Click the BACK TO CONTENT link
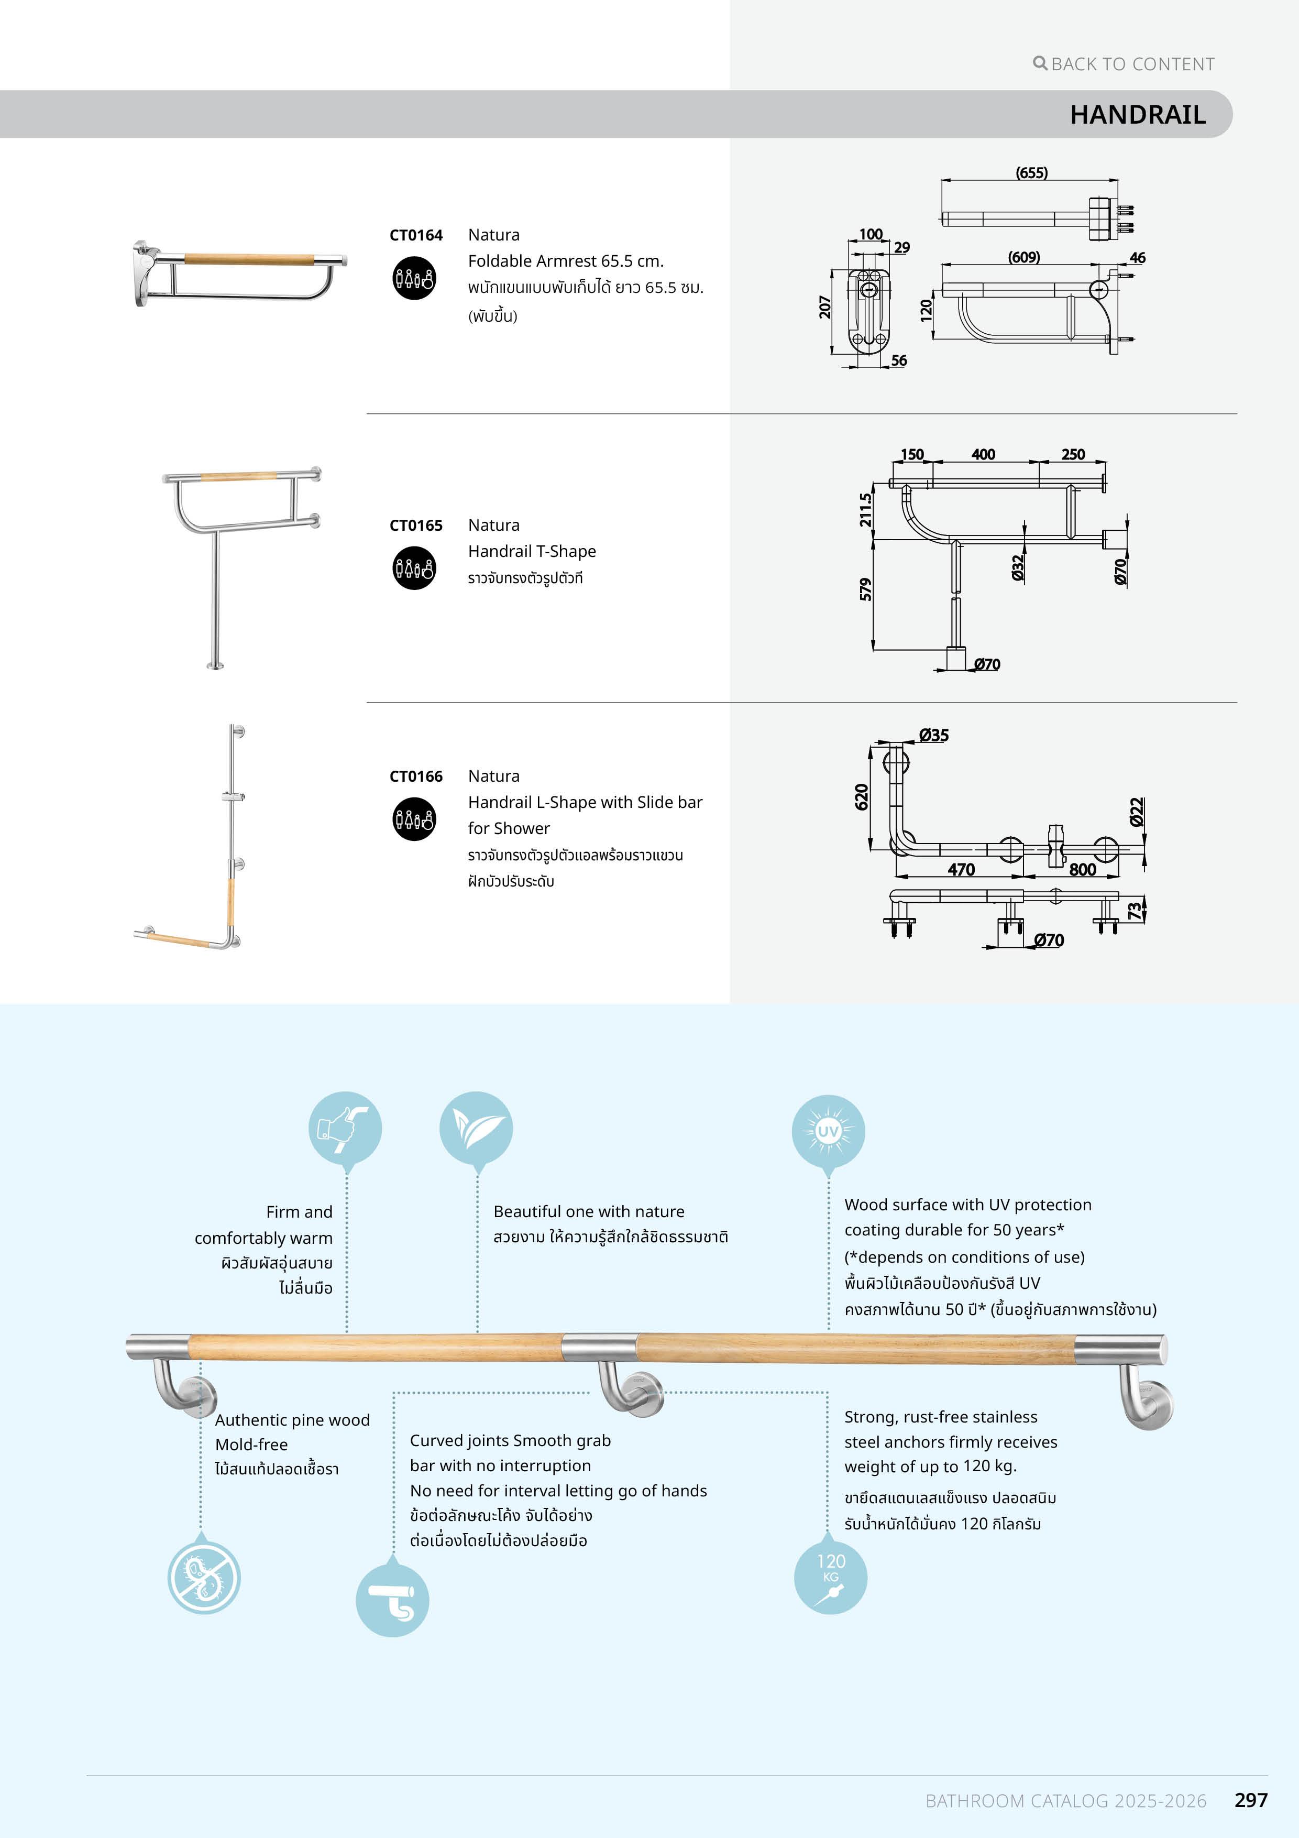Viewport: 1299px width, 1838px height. (x=1125, y=64)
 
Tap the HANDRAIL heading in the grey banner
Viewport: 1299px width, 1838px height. (x=1137, y=114)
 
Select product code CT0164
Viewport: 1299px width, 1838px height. (x=415, y=235)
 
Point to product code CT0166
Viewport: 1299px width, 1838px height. (x=415, y=776)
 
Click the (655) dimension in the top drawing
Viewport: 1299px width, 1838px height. (x=1031, y=172)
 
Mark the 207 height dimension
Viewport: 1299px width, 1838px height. (x=824, y=307)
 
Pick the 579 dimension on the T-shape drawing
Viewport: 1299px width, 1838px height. (x=865, y=589)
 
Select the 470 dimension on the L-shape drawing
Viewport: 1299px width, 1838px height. (x=961, y=869)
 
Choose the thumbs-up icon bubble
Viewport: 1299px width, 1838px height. (x=345, y=1128)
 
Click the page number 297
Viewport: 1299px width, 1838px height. (x=1250, y=1800)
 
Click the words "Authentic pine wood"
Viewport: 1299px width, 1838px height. (x=292, y=1420)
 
